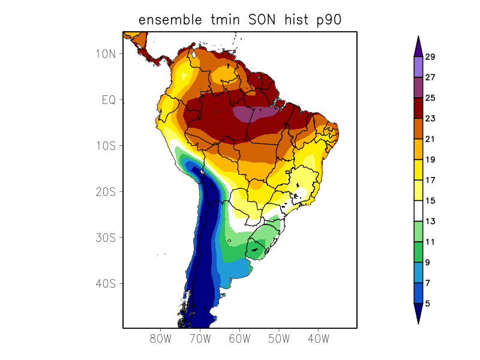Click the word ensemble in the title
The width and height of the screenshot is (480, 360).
click(x=175, y=20)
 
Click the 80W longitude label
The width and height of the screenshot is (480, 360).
click(x=161, y=338)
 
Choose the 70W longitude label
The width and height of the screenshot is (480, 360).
click(x=200, y=338)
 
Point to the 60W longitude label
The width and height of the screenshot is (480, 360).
click(x=239, y=338)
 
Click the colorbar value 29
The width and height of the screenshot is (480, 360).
click(x=430, y=57)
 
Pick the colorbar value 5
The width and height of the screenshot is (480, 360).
click(x=428, y=304)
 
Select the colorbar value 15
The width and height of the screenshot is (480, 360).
click(x=430, y=201)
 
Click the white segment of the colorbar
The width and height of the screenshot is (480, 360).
click(x=418, y=211)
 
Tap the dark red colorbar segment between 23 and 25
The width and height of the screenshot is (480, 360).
click(x=418, y=108)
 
